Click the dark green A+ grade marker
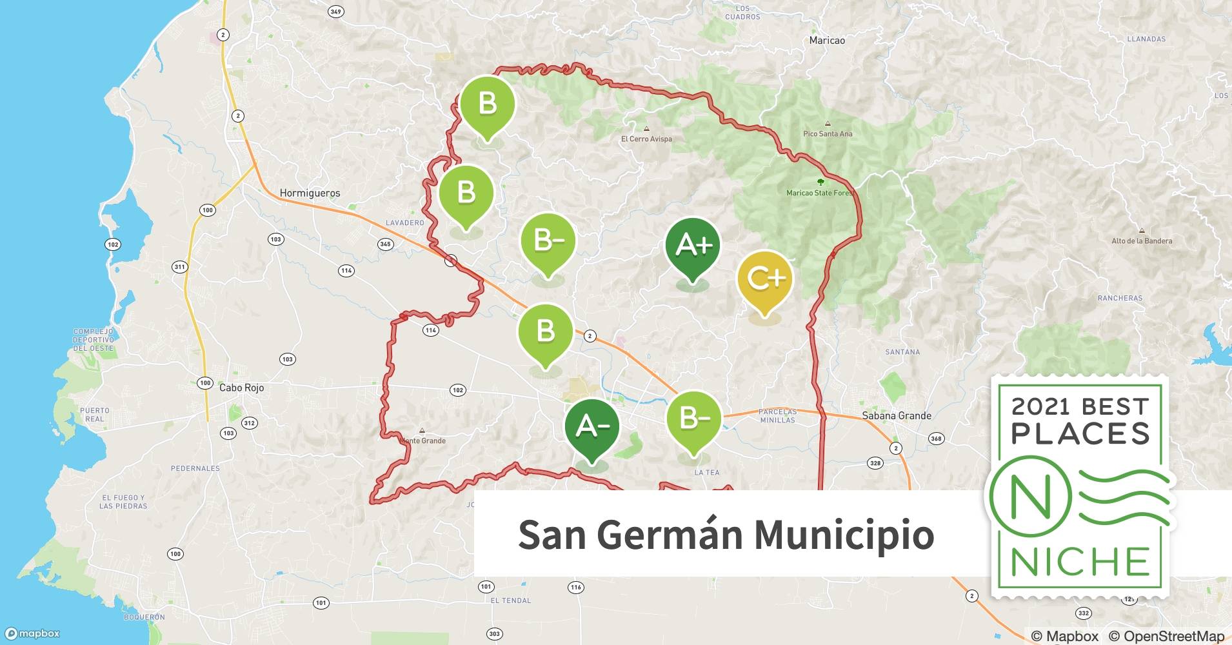693,246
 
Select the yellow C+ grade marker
764,279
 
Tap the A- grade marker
591,427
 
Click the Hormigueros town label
310,193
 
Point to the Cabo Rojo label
241,388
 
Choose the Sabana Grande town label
897,415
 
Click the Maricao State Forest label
820,192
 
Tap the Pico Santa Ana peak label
828,134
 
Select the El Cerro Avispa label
646,139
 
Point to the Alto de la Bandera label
1142,241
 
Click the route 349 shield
335,12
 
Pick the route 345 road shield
385,244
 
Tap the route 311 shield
179,266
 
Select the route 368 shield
936,439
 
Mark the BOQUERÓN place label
144,617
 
